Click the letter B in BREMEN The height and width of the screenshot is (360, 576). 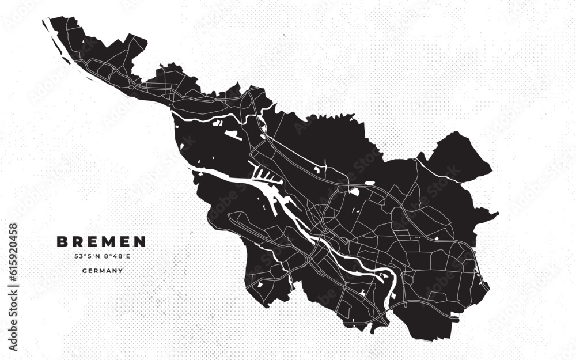coord(61,241)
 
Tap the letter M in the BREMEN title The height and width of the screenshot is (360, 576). coord(110,241)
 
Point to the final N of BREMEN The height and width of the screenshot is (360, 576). coord(140,241)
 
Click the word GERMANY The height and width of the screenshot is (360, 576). coord(103,270)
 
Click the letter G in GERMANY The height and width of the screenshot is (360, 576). coord(85,270)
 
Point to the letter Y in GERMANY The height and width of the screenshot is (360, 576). coord(120,270)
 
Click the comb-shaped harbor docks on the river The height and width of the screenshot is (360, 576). coord(265,176)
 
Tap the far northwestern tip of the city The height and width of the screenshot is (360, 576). coord(46,21)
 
